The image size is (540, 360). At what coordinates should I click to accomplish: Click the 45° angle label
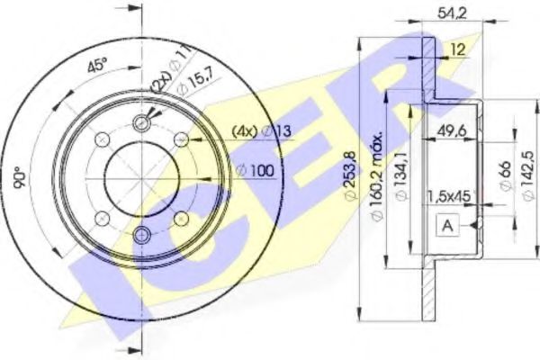click(96, 66)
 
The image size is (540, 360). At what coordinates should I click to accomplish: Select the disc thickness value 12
click(457, 50)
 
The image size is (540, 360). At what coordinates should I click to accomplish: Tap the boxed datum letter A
click(448, 226)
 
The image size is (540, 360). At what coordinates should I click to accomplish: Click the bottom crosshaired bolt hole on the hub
click(142, 234)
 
